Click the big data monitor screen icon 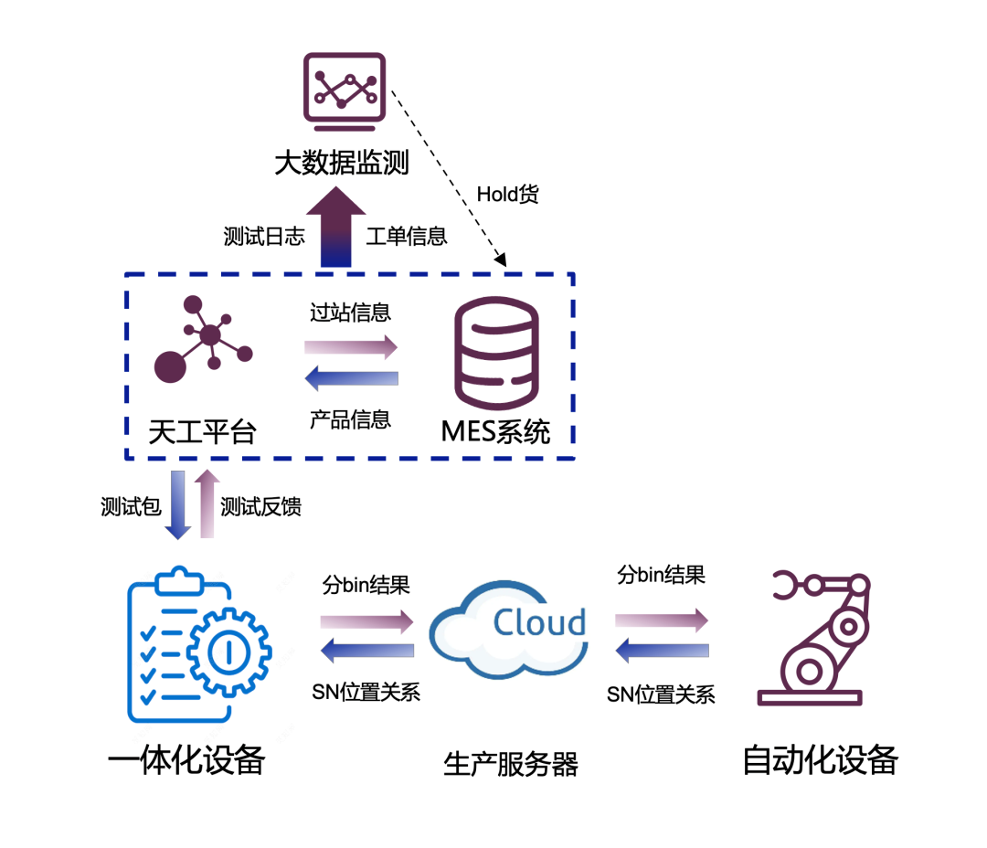point(343,88)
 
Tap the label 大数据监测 point(342,164)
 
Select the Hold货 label point(507,195)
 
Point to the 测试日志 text point(264,236)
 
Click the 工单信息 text point(407,236)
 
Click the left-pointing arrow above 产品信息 point(351,377)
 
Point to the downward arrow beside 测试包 point(178,504)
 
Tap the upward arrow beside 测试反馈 point(207,504)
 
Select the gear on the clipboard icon point(228,652)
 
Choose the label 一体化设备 point(186,759)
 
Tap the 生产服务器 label point(511,763)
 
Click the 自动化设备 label point(820,759)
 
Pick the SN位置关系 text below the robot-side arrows point(661,694)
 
